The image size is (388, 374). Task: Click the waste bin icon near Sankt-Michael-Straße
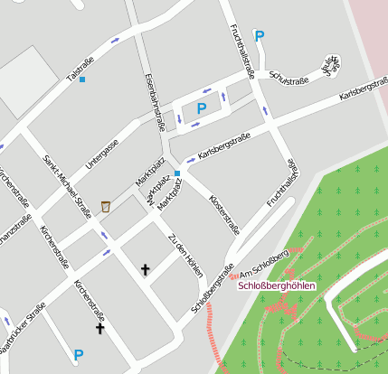[x=106, y=207]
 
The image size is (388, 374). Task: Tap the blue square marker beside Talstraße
[x=82, y=79]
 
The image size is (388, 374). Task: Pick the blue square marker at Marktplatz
[x=177, y=173]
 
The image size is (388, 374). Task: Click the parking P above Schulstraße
[x=260, y=36]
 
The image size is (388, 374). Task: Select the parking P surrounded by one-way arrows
[x=201, y=108]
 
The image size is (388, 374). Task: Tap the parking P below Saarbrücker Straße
[x=78, y=355]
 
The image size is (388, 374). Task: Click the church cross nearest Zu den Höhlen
[x=145, y=268]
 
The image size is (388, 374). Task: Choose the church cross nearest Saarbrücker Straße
[x=99, y=328]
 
